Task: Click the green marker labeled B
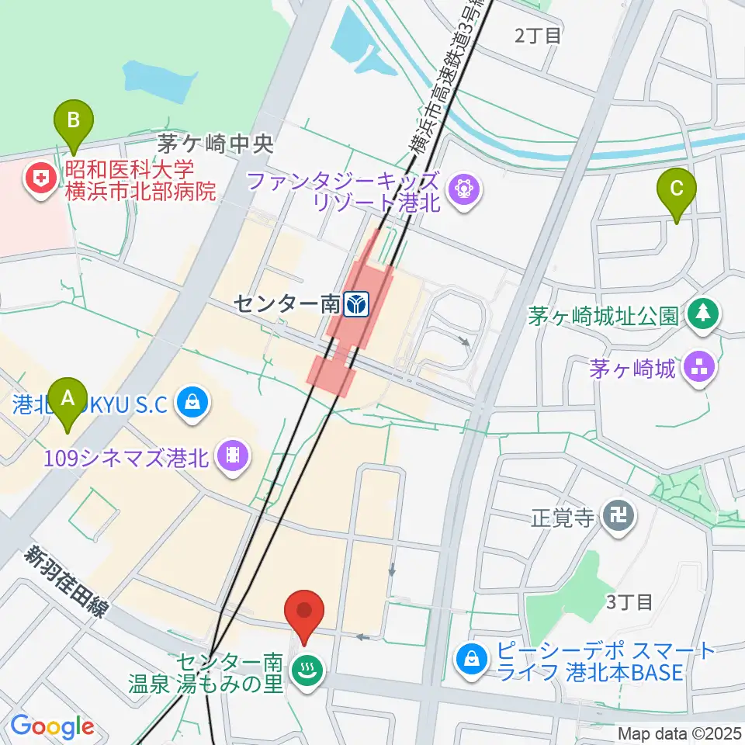coord(74,120)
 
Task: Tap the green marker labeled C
coord(677,189)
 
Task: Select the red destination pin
coord(304,611)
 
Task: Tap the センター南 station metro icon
coord(357,305)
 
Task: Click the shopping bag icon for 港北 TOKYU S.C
coord(191,402)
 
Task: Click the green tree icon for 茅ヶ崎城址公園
coord(704,314)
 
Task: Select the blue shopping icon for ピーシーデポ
coord(471,660)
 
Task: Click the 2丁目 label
coord(538,35)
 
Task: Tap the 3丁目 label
coord(630,601)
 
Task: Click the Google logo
coord(52,726)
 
